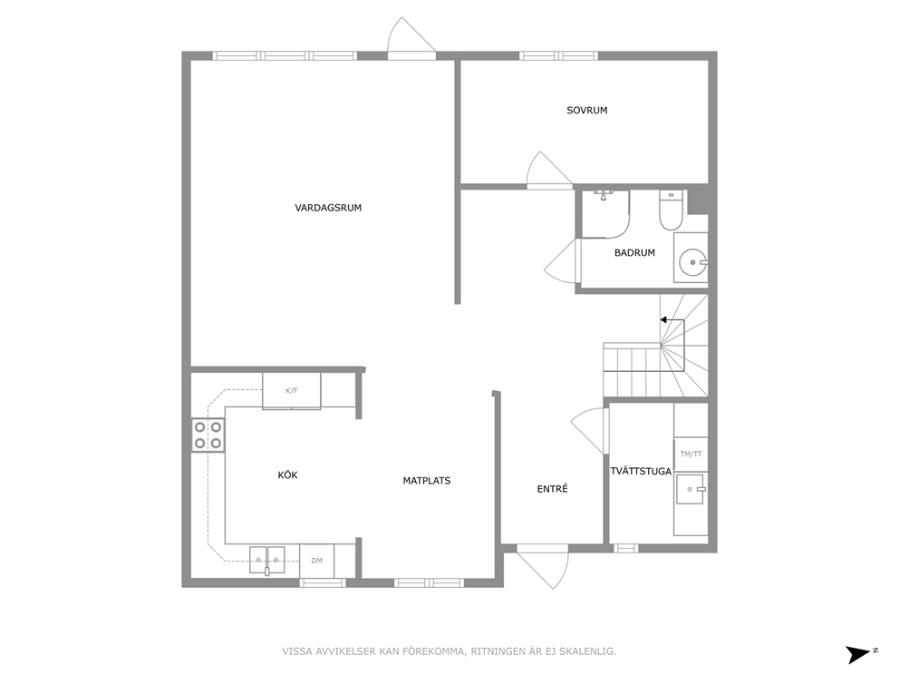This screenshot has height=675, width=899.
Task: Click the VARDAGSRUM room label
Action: tap(328, 208)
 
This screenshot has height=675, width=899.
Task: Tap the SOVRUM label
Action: tap(586, 110)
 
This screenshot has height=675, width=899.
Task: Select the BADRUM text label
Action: tap(634, 252)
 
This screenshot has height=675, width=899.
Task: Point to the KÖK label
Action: tap(287, 475)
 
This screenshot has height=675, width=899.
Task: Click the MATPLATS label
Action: tap(427, 481)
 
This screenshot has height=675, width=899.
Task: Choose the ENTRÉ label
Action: tap(552, 489)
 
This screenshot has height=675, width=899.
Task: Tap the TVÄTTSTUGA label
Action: tap(641, 471)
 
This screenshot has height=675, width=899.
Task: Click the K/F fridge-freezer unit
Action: tap(291, 391)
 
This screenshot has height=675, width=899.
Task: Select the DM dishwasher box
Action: tap(316, 561)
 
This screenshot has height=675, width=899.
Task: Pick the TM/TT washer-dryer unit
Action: tap(691, 454)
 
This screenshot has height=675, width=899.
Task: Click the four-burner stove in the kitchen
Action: tap(208, 435)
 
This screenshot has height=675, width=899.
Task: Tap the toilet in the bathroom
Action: tap(670, 210)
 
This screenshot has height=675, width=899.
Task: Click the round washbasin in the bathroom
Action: tap(693, 262)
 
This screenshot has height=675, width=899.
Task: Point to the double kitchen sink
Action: tap(267, 560)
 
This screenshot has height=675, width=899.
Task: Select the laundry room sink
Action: tap(691, 489)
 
